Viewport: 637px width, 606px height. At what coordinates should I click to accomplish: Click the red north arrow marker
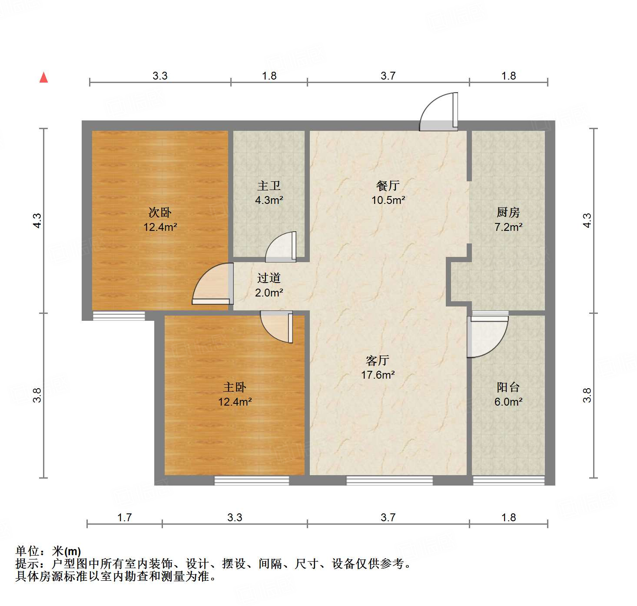pos(43,77)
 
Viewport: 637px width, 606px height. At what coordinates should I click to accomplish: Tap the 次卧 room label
pos(160,213)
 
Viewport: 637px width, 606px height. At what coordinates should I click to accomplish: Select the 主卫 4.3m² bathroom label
pos(269,193)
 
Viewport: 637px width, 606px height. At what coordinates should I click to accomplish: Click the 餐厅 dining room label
pos(388,186)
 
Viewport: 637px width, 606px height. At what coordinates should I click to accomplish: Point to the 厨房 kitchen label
pos(508,213)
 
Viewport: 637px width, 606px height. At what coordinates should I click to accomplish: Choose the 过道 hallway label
pos(269,278)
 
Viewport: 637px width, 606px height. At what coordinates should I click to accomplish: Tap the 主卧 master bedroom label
pos(235,387)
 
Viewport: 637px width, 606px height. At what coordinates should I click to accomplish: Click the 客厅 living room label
pos(378,361)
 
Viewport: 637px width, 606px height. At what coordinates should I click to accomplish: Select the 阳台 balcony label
pos(508,387)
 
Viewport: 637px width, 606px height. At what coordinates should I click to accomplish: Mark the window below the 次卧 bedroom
pos(119,316)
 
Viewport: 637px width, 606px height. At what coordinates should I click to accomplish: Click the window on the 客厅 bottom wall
pos(389,480)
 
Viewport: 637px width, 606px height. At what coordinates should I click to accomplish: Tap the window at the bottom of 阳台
pos(508,480)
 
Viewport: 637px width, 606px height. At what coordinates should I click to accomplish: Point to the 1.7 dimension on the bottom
pos(125,517)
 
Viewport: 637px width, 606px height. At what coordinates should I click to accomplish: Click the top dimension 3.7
pos(388,76)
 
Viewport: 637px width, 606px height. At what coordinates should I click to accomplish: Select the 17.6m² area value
pos(378,375)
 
